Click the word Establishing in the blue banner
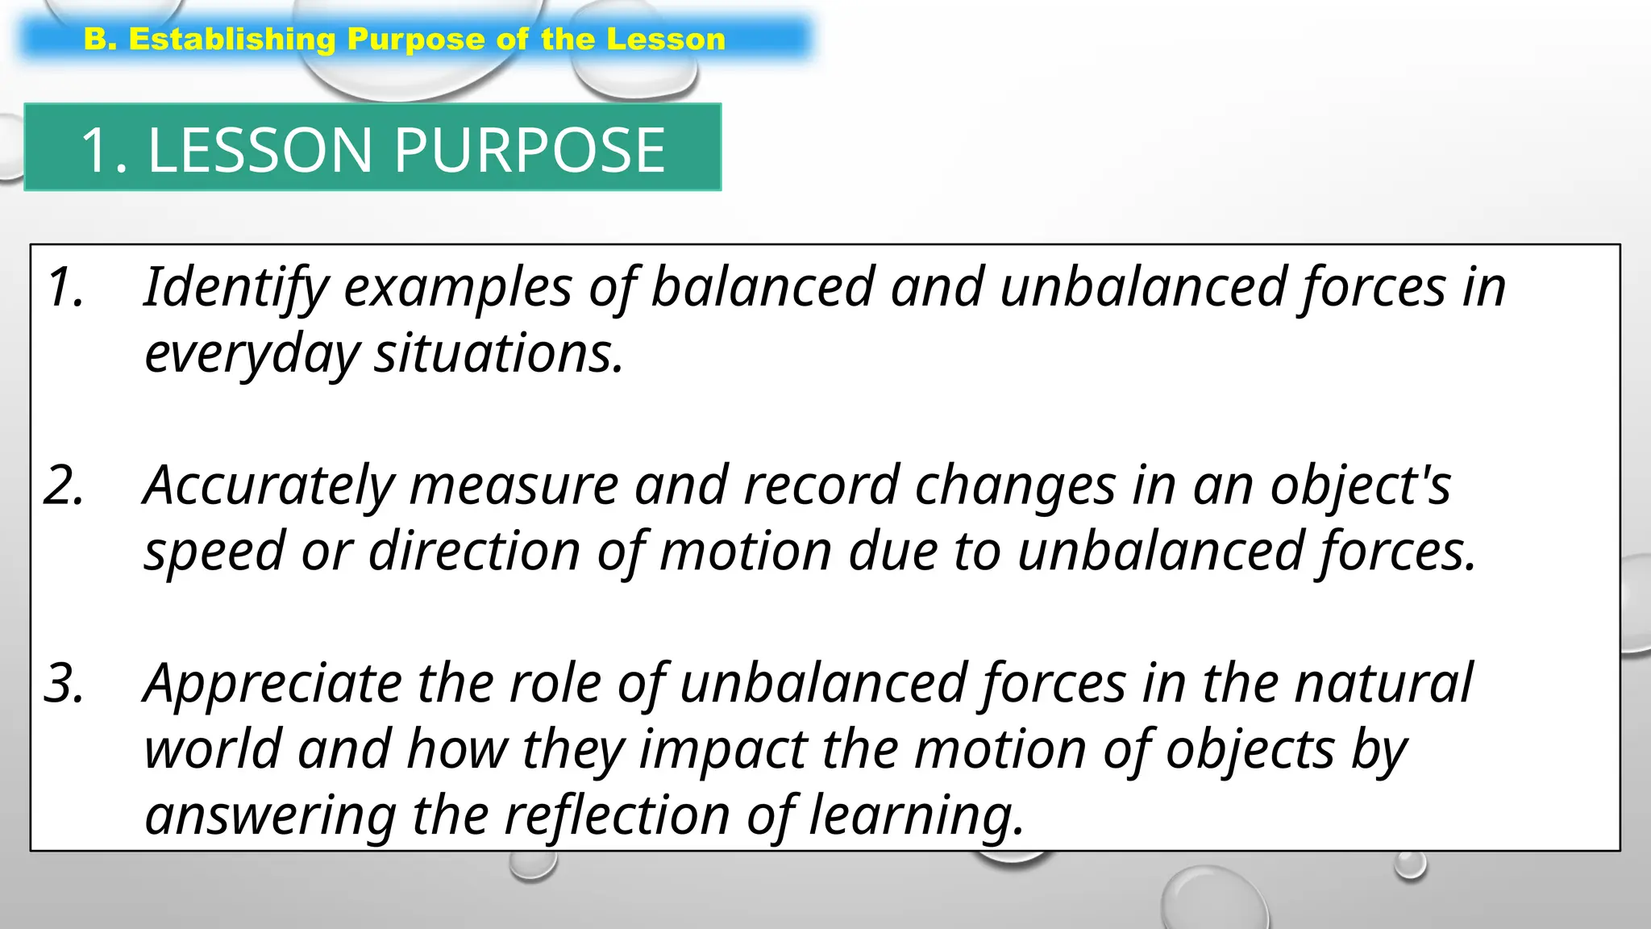232,40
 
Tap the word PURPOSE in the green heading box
529,150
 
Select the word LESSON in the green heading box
260,150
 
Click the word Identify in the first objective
236,288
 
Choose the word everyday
251,355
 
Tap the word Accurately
268,486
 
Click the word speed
214,552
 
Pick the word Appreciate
272,684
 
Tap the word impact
723,750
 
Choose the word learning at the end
916,816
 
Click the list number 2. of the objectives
64,486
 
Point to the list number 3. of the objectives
64,684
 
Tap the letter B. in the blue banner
101,40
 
